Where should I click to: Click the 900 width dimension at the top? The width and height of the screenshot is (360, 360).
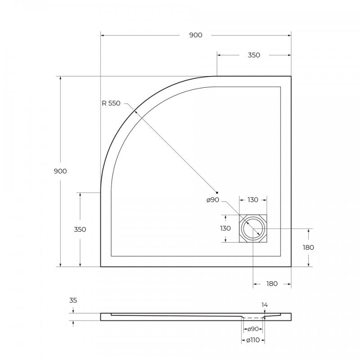pyautogui.click(x=195, y=35)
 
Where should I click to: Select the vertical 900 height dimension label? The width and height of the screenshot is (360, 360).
pyautogui.click(x=60, y=171)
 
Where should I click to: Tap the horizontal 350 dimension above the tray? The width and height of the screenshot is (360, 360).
pyautogui.click(x=254, y=55)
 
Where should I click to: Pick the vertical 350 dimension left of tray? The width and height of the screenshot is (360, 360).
pyautogui.click(x=80, y=229)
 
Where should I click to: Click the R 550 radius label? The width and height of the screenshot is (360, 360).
pyautogui.click(x=111, y=103)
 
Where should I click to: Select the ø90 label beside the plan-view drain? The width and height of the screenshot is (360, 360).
pyautogui.click(x=213, y=200)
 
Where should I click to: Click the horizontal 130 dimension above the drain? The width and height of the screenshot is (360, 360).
pyautogui.click(x=252, y=200)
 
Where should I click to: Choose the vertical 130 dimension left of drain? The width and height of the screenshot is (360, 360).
pyautogui.click(x=225, y=228)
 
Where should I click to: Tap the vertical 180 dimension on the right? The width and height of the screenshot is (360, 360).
pyautogui.click(x=308, y=247)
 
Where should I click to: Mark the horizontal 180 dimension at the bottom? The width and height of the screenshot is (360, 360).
pyautogui.click(x=272, y=283)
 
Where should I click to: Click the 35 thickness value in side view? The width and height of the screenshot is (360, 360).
pyautogui.click(x=73, y=300)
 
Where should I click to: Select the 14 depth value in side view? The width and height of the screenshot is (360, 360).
pyautogui.click(x=265, y=305)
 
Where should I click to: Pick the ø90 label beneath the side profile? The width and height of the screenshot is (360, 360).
pyautogui.click(x=253, y=329)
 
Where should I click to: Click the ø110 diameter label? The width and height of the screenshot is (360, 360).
pyautogui.click(x=253, y=340)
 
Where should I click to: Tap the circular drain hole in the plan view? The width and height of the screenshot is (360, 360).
pyautogui.click(x=253, y=229)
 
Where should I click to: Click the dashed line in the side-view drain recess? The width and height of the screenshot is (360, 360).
pyautogui.click(x=253, y=317)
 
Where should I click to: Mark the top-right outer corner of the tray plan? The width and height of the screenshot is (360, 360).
pyautogui.click(x=291, y=76)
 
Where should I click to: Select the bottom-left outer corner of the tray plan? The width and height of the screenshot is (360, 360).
pyautogui.click(x=100, y=266)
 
